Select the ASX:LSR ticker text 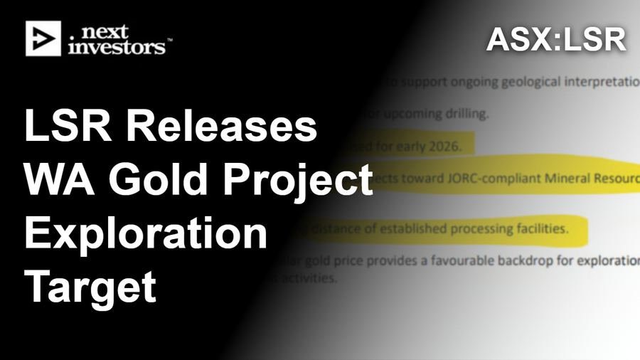point(555,40)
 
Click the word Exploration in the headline point(146,236)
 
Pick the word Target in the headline point(90,288)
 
